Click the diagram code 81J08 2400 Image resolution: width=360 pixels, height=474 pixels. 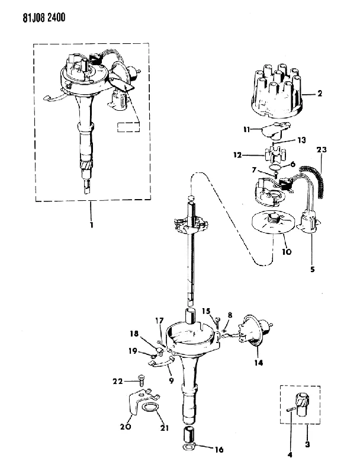click(x=44, y=18)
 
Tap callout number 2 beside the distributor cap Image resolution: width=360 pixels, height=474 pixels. click(x=320, y=94)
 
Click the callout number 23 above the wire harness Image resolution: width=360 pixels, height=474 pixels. click(x=322, y=150)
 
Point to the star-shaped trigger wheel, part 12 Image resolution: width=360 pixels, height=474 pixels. click(x=272, y=155)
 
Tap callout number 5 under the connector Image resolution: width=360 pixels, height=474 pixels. click(x=312, y=269)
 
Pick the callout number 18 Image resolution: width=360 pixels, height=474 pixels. click(x=134, y=334)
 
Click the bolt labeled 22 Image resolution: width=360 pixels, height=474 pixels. click(x=142, y=380)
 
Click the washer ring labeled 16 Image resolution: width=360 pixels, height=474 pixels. click(x=189, y=447)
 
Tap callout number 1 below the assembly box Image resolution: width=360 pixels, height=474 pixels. click(x=91, y=225)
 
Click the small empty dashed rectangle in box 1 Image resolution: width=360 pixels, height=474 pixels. click(x=128, y=127)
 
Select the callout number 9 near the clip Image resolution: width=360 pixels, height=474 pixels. click(x=171, y=380)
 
